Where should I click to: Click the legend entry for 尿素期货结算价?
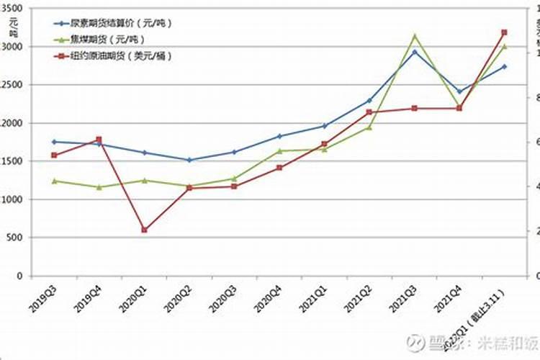[115, 23]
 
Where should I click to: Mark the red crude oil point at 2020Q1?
[144, 230]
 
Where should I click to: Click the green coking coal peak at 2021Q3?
[415, 35]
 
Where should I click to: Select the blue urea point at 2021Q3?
[415, 52]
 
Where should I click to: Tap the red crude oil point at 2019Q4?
[99, 140]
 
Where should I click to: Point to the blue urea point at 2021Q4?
[459, 91]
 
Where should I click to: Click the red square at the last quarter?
[504, 32]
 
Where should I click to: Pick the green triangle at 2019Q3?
[54, 181]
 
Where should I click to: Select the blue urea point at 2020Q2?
[189, 160]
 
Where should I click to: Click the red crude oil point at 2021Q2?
[369, 112]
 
